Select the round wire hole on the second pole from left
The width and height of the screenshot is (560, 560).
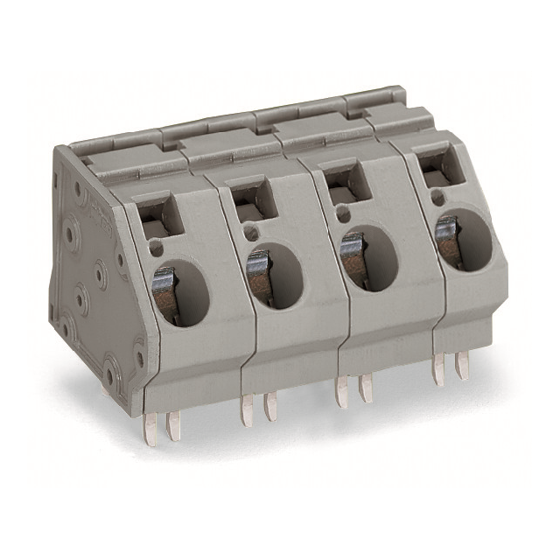pos(275,275)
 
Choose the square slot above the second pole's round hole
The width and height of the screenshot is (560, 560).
pos(252,196)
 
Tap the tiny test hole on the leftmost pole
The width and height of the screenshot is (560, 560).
pos(157,249)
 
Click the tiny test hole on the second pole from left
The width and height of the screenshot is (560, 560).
pos(252,233)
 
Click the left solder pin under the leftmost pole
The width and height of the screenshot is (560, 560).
pos(150,425)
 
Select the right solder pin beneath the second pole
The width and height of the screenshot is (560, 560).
pos(270,406)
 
